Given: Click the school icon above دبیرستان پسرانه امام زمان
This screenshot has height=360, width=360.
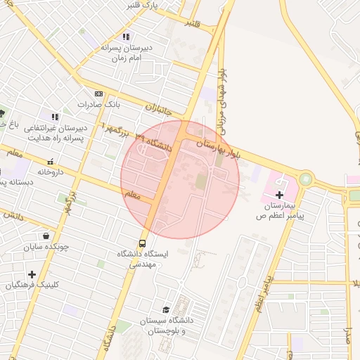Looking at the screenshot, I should click(125, 37).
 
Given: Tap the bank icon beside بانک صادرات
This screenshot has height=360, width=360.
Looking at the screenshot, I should click(98, 94).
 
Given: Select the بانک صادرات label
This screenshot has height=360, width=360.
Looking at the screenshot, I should click(99, 104).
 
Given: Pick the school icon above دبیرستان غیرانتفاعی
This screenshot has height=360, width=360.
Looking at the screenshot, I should click(55, 117).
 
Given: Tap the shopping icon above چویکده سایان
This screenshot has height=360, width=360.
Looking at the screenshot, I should click(46, 236).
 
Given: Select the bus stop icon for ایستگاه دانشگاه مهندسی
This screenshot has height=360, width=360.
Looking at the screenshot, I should click(143, 245).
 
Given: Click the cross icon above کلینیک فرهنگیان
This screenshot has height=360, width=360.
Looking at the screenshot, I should click(32, 274).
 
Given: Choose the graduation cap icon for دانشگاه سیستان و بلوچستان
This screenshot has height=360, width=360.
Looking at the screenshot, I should click(166, 309).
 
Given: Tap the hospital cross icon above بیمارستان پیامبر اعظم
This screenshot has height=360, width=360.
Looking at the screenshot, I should click(279, 193).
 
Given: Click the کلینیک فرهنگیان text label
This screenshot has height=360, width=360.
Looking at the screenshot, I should click(32, 285).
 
